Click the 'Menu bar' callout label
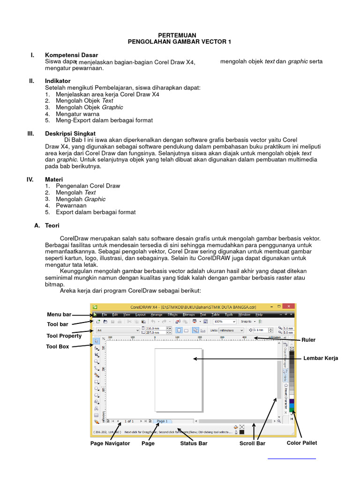(x=59, y=314)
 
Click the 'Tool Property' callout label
(x=64, y=336)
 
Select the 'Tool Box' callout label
(x=58, y=346)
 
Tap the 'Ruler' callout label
(x=308, y=340)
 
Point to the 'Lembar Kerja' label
(x=321, y=358)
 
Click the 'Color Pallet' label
(x=302, y=442)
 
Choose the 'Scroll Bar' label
(x=253, y=443)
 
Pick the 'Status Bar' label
(x=194, y=443)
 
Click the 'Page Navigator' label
(x=110, y=443)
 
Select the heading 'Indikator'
(x=58, y=81)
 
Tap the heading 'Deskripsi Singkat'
(x=70, y=134)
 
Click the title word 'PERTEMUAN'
(x=177, y=36)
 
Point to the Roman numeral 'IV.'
(x=30, y=179)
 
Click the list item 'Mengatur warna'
(x=77, y=114)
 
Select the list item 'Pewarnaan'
(x=71, y=205)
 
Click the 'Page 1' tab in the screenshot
(x=162, y=421)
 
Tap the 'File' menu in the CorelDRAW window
(x=105, y=315)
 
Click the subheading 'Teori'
(x=52, y=225)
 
